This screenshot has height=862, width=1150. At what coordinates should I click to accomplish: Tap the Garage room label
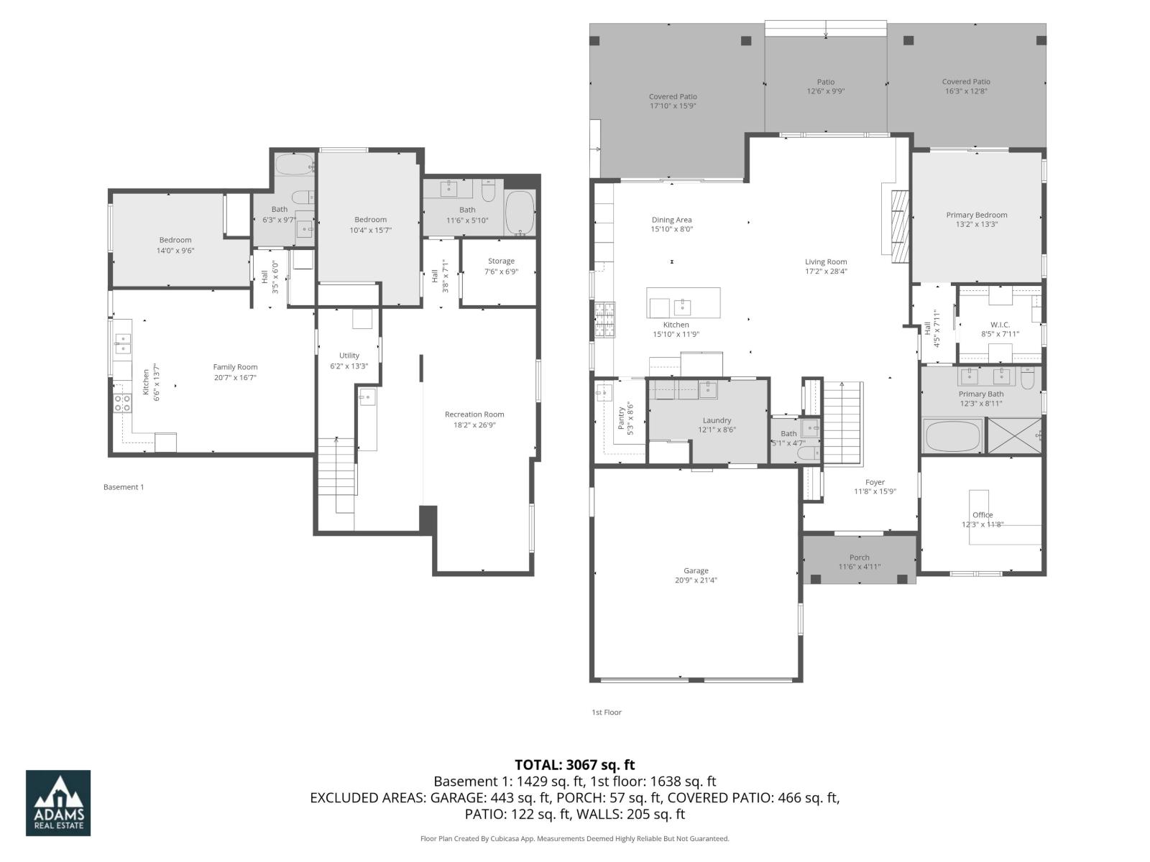[696, 571]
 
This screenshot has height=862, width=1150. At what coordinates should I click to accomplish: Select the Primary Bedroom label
[976, 215]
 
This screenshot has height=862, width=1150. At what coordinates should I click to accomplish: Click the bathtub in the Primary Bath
[953, 436]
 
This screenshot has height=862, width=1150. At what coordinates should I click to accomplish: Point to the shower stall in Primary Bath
[1015, 435]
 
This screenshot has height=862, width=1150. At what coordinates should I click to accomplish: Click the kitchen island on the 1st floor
[683, 303]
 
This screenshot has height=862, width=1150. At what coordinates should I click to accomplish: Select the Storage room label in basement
[501, 261]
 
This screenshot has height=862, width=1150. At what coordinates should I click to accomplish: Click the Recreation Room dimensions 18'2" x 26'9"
[474, 425]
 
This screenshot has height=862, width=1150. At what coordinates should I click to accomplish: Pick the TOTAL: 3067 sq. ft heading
[574, 765]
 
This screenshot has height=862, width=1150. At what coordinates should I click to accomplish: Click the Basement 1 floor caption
[124, 487]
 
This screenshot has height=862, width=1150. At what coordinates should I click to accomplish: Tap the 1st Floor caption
[606, 713]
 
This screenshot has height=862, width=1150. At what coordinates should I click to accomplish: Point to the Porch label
[859, 557]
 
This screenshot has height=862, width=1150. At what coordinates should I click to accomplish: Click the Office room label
[983, 515]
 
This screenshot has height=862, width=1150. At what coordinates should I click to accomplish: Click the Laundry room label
[717, 420]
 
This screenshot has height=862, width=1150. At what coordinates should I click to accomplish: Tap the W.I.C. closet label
[1000, 325]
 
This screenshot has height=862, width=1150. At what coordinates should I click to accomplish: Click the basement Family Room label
[235, 367]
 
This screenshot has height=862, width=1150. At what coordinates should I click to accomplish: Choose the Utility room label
[349, 356]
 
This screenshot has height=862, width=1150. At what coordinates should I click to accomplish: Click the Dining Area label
[671, 220]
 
